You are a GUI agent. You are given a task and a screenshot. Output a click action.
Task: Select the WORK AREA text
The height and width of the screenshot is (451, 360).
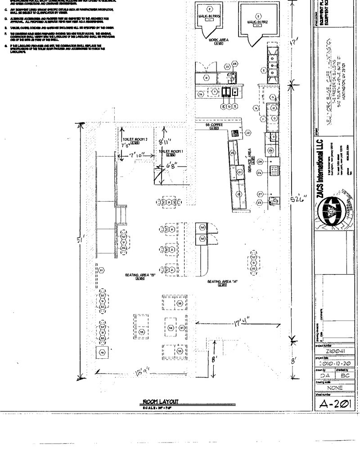(x=219, y=40)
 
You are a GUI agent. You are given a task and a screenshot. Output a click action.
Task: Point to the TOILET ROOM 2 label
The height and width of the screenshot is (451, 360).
(x=131, y=140)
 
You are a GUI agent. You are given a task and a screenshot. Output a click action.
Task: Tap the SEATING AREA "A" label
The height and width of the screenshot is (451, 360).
(x=222, y=281)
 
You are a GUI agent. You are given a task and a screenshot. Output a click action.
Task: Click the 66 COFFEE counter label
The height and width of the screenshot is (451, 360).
(x=214, y=126)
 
